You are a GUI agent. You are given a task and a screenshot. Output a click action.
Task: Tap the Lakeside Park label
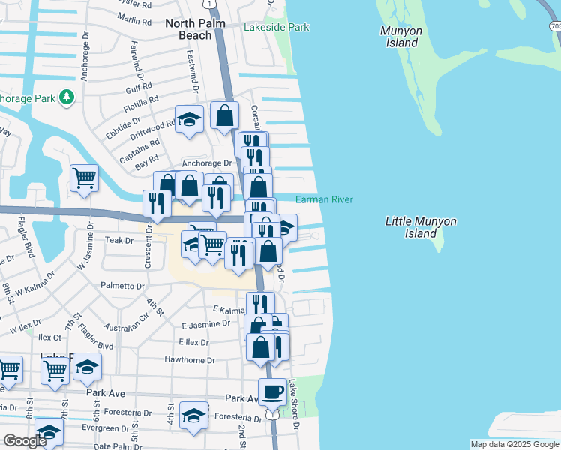[x=276, y=28]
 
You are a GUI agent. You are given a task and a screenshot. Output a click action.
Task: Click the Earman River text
[x=324, y=199]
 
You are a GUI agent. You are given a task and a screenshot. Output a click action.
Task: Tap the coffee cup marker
[x=272, y=391]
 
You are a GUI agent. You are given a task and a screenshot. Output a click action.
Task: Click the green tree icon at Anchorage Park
[x=67, y=97]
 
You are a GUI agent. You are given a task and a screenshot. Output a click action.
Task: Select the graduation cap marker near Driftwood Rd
[x=189, y=119]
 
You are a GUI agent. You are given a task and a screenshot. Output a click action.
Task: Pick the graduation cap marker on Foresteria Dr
[x=194, y=417]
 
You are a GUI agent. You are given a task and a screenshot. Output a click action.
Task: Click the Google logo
[x=24, y=441]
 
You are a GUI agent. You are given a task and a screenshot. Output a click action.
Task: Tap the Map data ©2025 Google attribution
[x=514, y=444]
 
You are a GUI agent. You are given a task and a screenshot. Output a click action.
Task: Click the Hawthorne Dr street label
[x=190, y=360]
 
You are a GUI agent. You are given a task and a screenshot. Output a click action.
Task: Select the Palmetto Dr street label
[x=122, y=286]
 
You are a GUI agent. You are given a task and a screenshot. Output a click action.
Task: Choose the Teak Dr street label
[x=118, y=240]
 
